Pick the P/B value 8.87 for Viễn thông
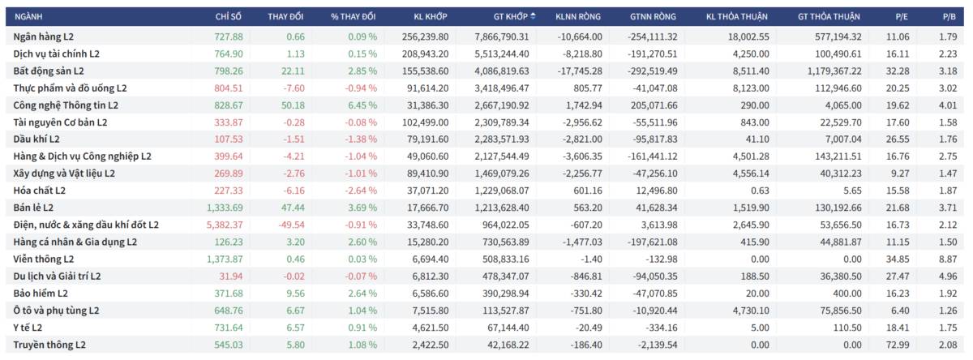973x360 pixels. point(947,259)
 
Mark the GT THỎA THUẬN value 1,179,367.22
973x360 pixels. point(828,71)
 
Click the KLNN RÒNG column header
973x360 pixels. point(577,16)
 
